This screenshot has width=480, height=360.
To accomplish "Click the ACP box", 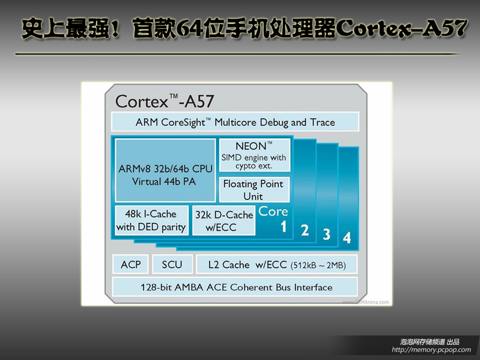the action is (131, 264).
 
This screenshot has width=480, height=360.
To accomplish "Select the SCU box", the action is (172, 264).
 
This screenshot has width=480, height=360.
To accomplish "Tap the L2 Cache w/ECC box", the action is (277, 264).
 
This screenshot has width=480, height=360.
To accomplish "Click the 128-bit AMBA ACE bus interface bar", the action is (235, 287).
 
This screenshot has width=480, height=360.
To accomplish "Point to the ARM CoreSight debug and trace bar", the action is (235, 122).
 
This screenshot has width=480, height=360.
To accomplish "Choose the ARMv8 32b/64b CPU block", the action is (165, 170).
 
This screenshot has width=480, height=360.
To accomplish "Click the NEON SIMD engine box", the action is (254, 155).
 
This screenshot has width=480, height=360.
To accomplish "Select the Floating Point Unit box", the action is (254, 190).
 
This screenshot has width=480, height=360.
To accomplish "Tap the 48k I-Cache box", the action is (151, 220).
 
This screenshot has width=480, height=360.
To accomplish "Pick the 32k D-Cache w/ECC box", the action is (224, 220).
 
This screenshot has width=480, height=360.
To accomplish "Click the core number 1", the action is (284, 227).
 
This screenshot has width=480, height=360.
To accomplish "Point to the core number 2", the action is (305, 230).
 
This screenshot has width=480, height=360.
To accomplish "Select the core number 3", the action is (326, 234).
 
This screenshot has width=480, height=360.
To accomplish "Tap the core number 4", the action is (347, 238).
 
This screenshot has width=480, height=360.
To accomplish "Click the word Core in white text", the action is (273, 212).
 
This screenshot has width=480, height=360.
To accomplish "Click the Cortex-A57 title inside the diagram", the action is (165, 101).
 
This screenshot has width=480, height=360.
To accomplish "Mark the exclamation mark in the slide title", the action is (115, 28).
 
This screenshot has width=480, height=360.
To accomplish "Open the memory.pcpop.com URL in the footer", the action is (432, 349).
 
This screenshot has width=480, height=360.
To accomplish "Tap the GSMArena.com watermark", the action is (365, 302).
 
